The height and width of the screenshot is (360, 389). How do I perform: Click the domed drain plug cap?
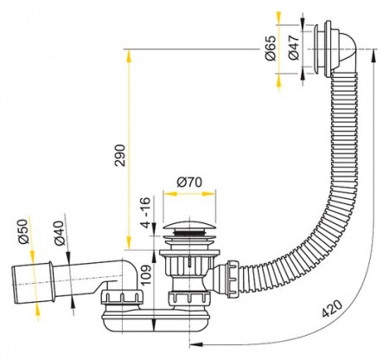tap(185, 230)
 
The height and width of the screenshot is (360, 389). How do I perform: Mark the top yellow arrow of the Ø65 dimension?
tap(278, 19)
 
